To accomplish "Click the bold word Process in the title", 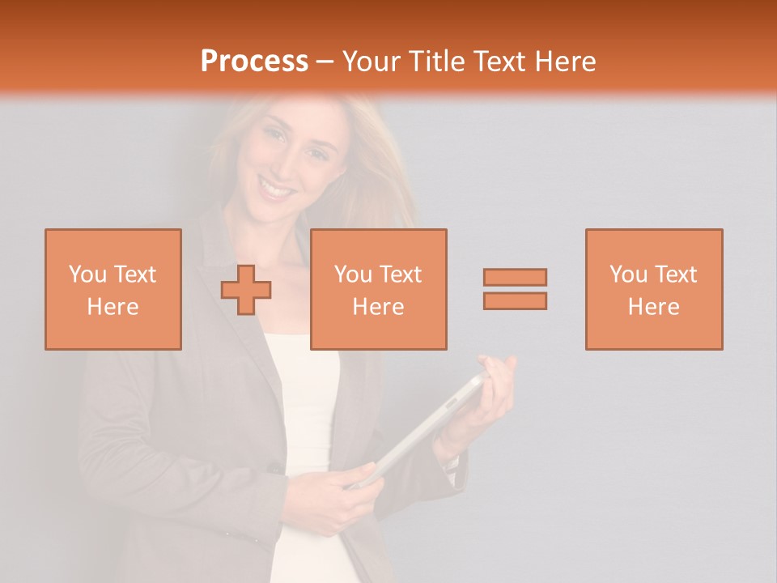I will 254,62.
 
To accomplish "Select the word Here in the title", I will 564,62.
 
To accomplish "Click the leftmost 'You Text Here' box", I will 113,289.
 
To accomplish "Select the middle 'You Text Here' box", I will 378,289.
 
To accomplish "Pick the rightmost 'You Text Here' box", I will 653,289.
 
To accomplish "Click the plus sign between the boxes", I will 246,290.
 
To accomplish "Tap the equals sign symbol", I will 515,289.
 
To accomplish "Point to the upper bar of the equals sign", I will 515,277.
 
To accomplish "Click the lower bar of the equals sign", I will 515,301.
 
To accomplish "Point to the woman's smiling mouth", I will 278,190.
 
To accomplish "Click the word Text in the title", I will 499,62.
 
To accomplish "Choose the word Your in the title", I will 375,62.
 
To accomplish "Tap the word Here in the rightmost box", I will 653,307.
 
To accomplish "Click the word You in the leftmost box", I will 87,274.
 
